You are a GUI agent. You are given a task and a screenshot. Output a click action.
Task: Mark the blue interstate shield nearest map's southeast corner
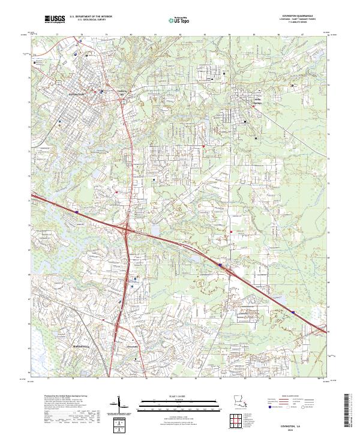[293, 311]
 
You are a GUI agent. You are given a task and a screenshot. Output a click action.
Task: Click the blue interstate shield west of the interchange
[77, 211]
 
